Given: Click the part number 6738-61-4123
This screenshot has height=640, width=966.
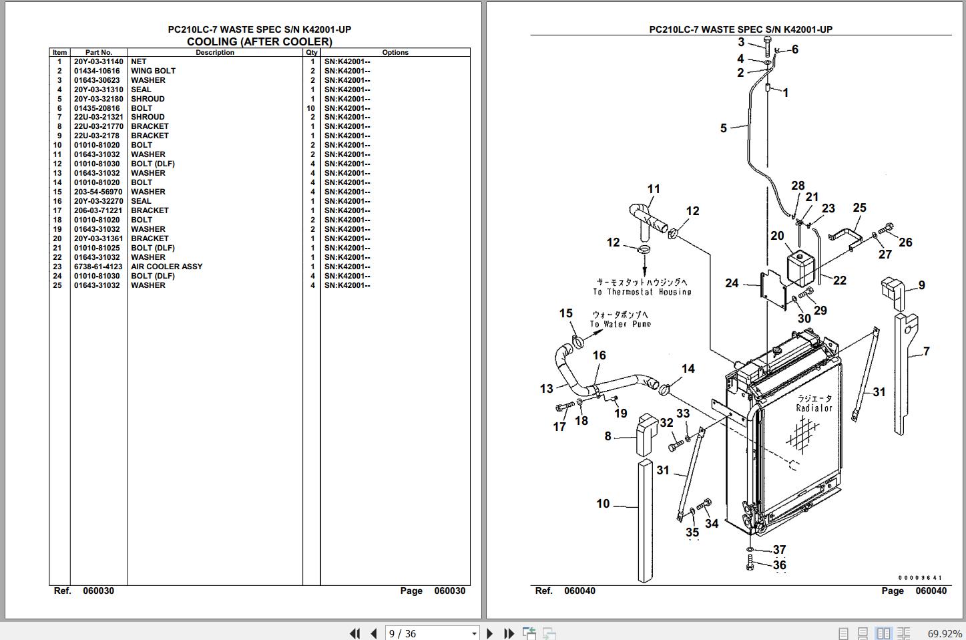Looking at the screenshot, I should point(98,267).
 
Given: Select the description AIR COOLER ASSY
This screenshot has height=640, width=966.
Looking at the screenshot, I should point(166,267).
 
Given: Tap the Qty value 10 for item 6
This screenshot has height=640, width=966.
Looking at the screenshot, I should point(311,108).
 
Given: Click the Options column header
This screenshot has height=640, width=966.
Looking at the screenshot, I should point(395,52).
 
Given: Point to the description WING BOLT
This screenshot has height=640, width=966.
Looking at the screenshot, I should point(153,71).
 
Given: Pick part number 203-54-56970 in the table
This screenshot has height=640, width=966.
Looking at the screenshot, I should point(98,192).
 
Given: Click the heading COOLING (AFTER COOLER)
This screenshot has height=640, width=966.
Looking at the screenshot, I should point(259,41).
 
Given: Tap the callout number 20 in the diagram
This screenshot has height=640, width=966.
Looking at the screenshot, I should point(777,236).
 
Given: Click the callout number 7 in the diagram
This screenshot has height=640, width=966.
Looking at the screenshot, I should point(926,351).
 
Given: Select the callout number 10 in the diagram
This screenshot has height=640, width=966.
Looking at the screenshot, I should point(603,504).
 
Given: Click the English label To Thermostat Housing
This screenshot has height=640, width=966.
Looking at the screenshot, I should point(642,292).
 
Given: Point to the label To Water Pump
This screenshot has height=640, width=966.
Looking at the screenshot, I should point(620,324).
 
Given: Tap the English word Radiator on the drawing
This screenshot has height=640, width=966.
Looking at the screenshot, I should point(814,408).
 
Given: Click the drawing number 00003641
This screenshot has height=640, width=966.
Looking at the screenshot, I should point(920,578).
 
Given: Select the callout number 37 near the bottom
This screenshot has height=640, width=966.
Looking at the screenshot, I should point(779,550).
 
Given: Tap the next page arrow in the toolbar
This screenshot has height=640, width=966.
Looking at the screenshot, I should point(490,633).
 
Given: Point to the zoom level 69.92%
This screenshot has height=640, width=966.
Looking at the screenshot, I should point(945,633).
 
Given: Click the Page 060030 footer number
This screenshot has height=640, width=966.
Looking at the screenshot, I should point(449,591).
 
